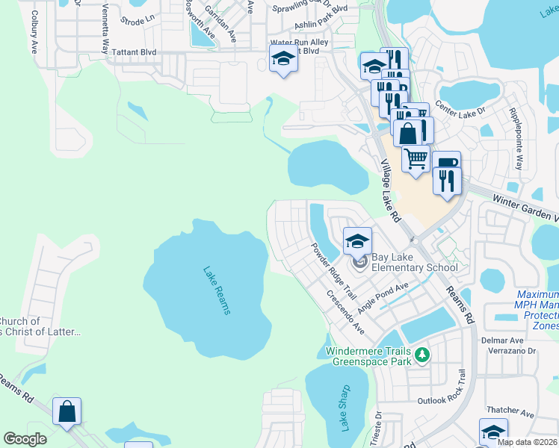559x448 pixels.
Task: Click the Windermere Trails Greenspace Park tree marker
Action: click(x=423, y=354)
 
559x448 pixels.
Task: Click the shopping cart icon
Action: click(x=416, y=158)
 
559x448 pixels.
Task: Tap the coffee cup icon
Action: click(x=446, y=163)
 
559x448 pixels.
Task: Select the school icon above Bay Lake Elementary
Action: click(x=358, y=241)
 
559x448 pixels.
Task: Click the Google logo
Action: click(x=25, y=439)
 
